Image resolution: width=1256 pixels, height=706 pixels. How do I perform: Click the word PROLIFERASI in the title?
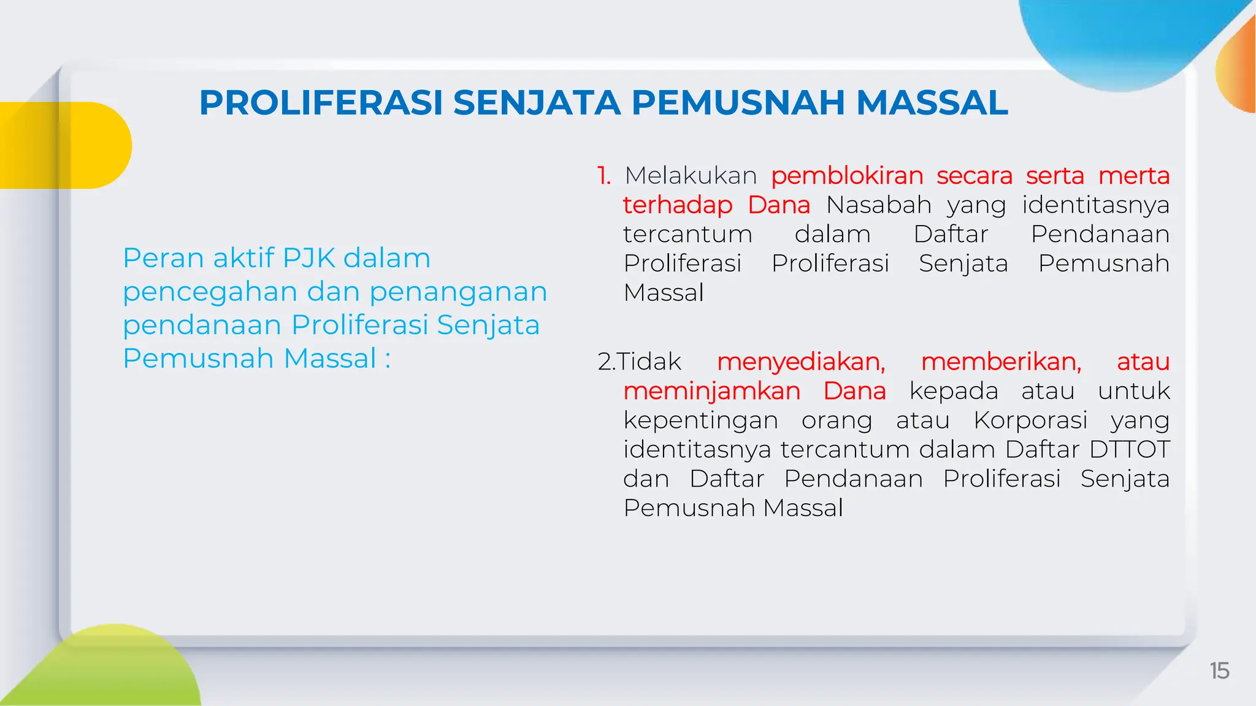pyautogui.click(x=321, y=102)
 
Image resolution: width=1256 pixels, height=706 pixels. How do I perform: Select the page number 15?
pyautogui.click(x=1219, y=670)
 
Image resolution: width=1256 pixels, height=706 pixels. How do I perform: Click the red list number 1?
pyautogui.click(x=604, y=176)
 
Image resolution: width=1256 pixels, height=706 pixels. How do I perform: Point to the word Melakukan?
pyautogui.click(x=691, y=176)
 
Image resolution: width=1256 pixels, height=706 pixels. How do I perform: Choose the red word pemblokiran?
pyautogui.click(x=847, y=176)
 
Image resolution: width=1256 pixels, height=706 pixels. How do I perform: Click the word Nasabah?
pyautogui.click(x=879, y=205)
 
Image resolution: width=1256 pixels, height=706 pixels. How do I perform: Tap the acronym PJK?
pyautogui.click(x=309, y=258)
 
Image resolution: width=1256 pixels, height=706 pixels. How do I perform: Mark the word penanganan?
pyautogui.click(x=458, y=292)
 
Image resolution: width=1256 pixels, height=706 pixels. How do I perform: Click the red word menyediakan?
pyautogui.click(x=801, y=362)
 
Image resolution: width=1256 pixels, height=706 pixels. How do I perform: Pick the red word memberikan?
pyautogui.click(x=1001, y=362)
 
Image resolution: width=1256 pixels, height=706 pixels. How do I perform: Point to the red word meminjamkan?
pyautogui.click(x=712, y=391)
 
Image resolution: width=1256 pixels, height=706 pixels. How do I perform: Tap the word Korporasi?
pyautogui.click(x=1030, y=420)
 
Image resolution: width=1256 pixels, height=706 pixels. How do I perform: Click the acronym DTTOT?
pyautogui.click(x=1130, y=449)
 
